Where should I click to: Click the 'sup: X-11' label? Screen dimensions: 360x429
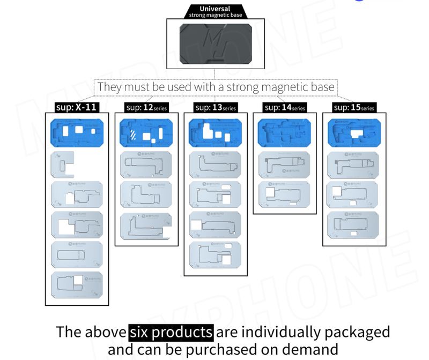tap(76, 107)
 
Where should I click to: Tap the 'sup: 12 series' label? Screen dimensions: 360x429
tap(146, 107)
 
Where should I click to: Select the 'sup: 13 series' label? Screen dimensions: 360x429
tap(216, 107)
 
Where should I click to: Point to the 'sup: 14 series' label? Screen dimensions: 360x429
tap(285, 107)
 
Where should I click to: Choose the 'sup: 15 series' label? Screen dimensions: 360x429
tap(353, 107)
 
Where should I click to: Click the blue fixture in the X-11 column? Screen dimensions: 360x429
tap(76, 133)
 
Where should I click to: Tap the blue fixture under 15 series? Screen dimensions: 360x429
tap(353, 133)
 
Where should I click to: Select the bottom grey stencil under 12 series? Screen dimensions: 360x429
tap(145, 226)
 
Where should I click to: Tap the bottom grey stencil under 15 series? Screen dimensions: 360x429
tap(353, 225)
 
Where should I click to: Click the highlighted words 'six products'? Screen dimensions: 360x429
tap(171, 332)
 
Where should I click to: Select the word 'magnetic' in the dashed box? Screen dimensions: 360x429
tap(260, 87)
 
